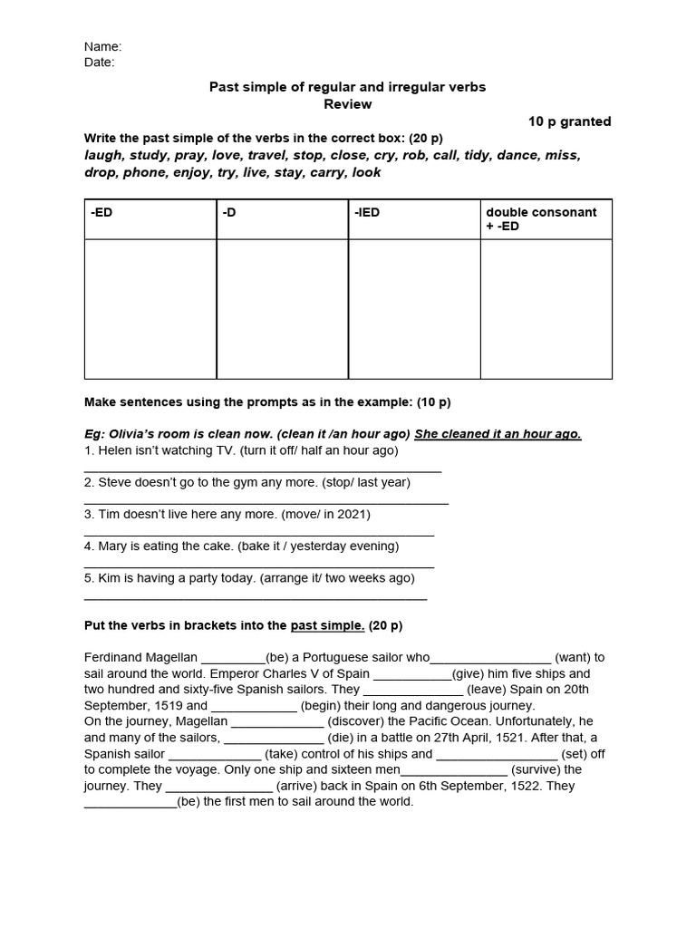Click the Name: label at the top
102,46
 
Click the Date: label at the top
100,63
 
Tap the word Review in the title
348,104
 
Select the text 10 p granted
569,121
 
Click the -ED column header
101,212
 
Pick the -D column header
228,212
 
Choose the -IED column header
366,212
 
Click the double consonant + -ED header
541,218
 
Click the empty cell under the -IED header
414,309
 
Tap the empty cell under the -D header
282,309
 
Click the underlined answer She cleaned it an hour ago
498,434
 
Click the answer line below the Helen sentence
263,470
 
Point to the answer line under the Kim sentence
255,598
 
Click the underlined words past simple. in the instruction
327,625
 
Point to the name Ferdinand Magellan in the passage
140,657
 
